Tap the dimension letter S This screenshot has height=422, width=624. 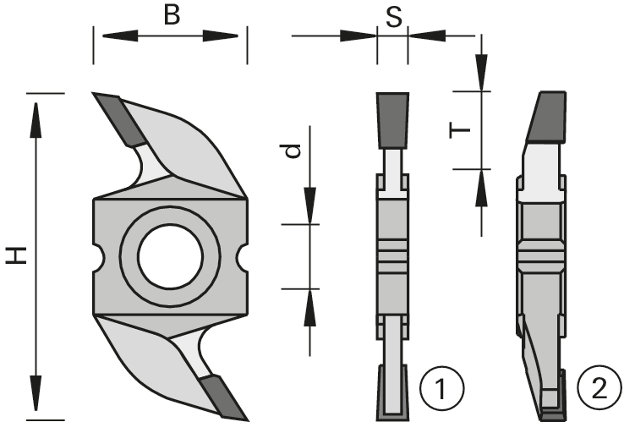[x=393, y=18]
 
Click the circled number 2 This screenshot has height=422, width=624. [x=599, y=389]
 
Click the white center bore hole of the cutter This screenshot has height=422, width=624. [x=168, y=255]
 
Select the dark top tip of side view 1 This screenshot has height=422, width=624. [x=391, y=118]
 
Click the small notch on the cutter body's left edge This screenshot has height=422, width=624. [x=96, y=255]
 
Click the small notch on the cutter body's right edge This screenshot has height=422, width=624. [x=242, y=255]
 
